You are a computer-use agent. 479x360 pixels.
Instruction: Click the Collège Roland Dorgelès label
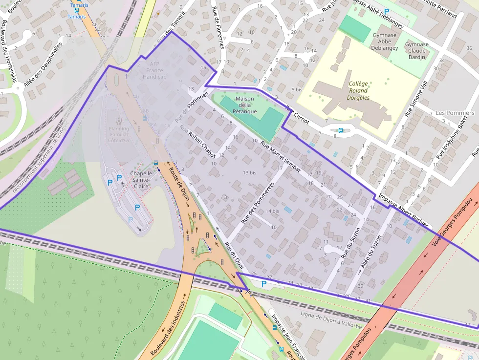pos(359,90)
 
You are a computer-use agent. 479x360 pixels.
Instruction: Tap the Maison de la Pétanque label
pos(244,105)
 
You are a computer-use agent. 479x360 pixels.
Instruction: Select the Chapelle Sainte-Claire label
pos(141,179)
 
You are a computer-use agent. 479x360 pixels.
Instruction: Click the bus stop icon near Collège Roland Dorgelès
pos(340,130)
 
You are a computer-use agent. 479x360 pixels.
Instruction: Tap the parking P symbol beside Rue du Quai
pos(264,283)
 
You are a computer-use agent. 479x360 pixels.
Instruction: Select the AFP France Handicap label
pos(155,70)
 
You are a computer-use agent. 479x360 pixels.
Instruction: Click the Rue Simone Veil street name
pos(415,98)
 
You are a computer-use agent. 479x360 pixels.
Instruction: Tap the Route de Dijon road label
pos(179,184)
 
